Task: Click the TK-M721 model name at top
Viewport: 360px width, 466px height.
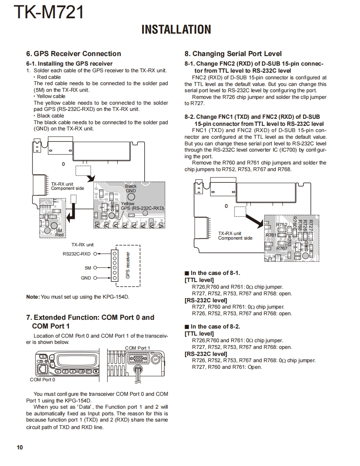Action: tap(49, 12)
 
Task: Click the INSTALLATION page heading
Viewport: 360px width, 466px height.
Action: tap(176, 30)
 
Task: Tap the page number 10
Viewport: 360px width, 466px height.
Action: tap(20, 447)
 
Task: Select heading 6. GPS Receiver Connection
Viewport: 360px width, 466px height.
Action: tap(74, 54)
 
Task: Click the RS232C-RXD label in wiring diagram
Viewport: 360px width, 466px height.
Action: tap(76, 253)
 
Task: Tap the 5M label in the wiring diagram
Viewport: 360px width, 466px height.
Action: tap(88, 268)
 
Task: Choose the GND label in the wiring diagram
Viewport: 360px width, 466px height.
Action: tap(86, 278)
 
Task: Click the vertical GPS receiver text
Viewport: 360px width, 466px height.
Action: tap(128, 265)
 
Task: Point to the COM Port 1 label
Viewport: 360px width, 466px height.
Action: tap(138, 348)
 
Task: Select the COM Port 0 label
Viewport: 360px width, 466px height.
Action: tap(42, 380)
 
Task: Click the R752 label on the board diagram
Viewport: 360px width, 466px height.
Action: tap(282, 225)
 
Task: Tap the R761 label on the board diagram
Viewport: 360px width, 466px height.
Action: tap(271, 235)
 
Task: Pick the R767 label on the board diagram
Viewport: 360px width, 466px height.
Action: tap(282, 248)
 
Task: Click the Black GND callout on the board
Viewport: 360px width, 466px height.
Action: tap(131, 189)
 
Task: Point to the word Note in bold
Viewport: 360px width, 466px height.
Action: tap(32, 297)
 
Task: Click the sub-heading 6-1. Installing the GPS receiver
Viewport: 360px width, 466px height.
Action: tap(69, 64)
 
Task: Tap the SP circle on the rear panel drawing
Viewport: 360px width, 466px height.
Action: tap(155, 360)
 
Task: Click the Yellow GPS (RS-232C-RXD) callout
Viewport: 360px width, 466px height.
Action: tap(142, 206)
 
